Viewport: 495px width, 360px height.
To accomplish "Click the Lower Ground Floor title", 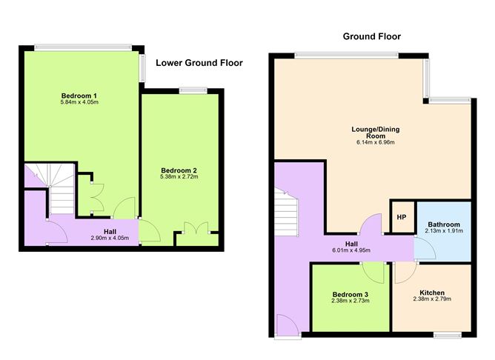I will [199, 63].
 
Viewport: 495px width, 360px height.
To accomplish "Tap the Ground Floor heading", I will [371, 36].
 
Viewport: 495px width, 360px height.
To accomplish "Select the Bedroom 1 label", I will [79, 96].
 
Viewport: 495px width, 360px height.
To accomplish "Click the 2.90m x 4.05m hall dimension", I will [110, 239].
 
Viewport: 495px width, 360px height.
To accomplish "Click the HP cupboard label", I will [402, 217].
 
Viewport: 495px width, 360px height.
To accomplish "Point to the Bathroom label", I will [444, 224].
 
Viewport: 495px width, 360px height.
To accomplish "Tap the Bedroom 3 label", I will [351, 295].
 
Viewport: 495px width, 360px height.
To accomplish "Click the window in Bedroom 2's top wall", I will [193, 90].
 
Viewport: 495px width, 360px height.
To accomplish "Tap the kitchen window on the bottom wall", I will [448, 335].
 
